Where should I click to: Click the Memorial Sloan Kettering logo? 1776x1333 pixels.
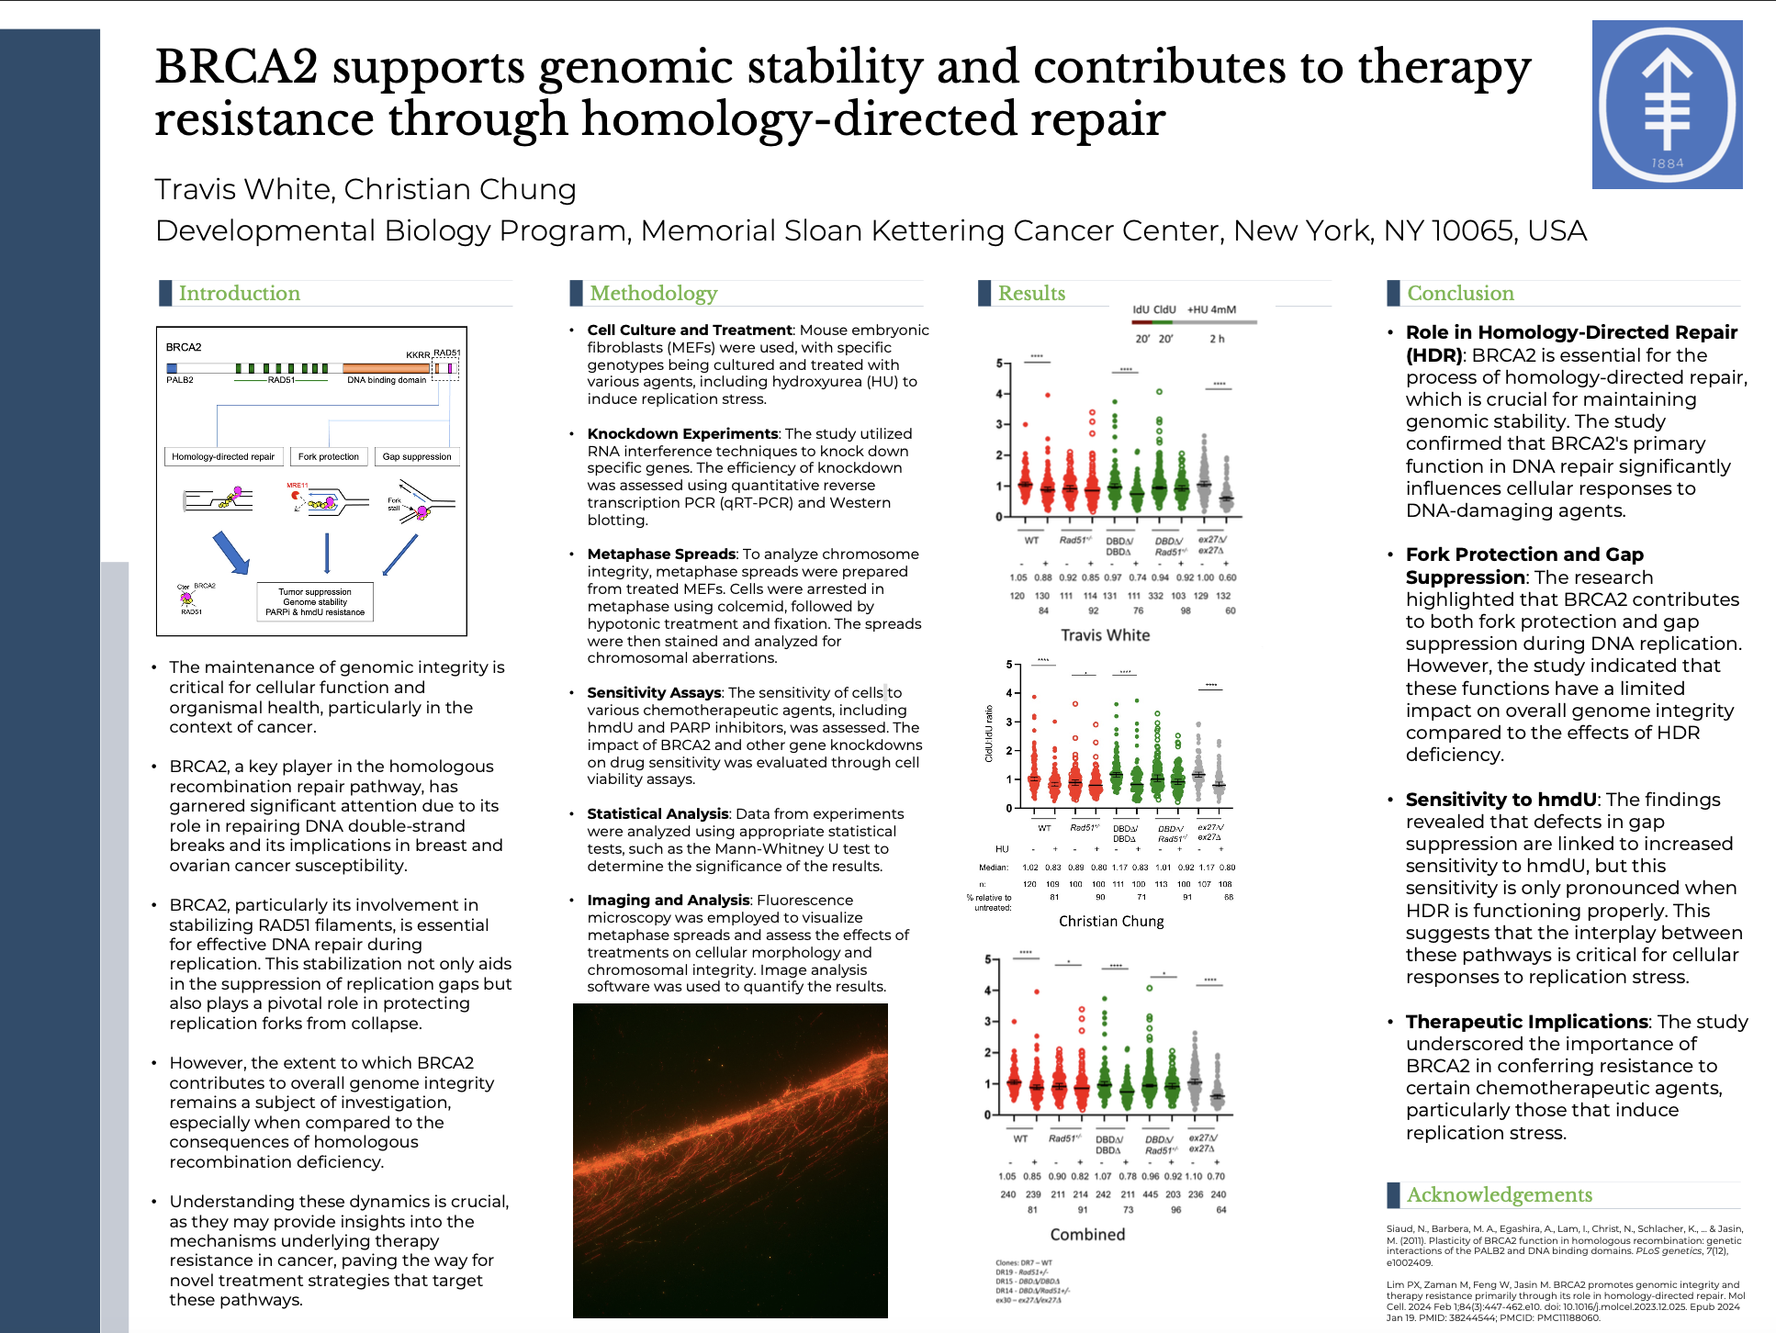point(1667,105)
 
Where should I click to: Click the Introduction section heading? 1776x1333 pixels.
point(239,293)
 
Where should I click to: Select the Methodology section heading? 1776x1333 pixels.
point(653,293)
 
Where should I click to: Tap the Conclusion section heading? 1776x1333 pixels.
point(1460,293)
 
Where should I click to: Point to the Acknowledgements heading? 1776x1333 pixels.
point(1499,1194)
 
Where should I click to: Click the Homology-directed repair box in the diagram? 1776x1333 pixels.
point(223,456)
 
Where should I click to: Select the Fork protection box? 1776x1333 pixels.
point(329,456)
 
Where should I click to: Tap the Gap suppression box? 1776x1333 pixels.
point(417,456)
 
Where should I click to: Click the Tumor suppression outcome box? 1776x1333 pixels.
point(315,602)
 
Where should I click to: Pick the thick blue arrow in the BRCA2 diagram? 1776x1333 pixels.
point(230,553)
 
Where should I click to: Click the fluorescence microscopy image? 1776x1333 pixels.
point(730,1160)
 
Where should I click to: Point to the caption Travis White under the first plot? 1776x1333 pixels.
point(1105,635)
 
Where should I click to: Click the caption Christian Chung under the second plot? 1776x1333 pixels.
point(1111,921)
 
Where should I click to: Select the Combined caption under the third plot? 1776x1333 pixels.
point(1087,1235)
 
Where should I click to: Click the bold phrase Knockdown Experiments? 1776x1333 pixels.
point(682,433)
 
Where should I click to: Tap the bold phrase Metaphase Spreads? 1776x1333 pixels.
point(661,554)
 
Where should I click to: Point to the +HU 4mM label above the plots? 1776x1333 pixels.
point(1211,309)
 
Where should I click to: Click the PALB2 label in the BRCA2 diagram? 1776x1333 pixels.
point(180,380)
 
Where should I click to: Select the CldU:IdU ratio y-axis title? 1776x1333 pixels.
point(989,734)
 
